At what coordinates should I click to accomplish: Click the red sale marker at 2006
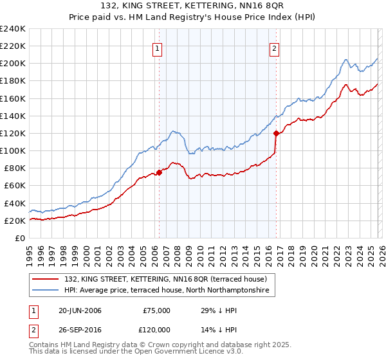(x=159, y=172)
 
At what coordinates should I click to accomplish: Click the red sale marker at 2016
(x=276, y=134)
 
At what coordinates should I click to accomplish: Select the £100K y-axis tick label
(x=13, y=150)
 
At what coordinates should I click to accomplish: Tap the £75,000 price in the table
(x=156, y=310)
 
